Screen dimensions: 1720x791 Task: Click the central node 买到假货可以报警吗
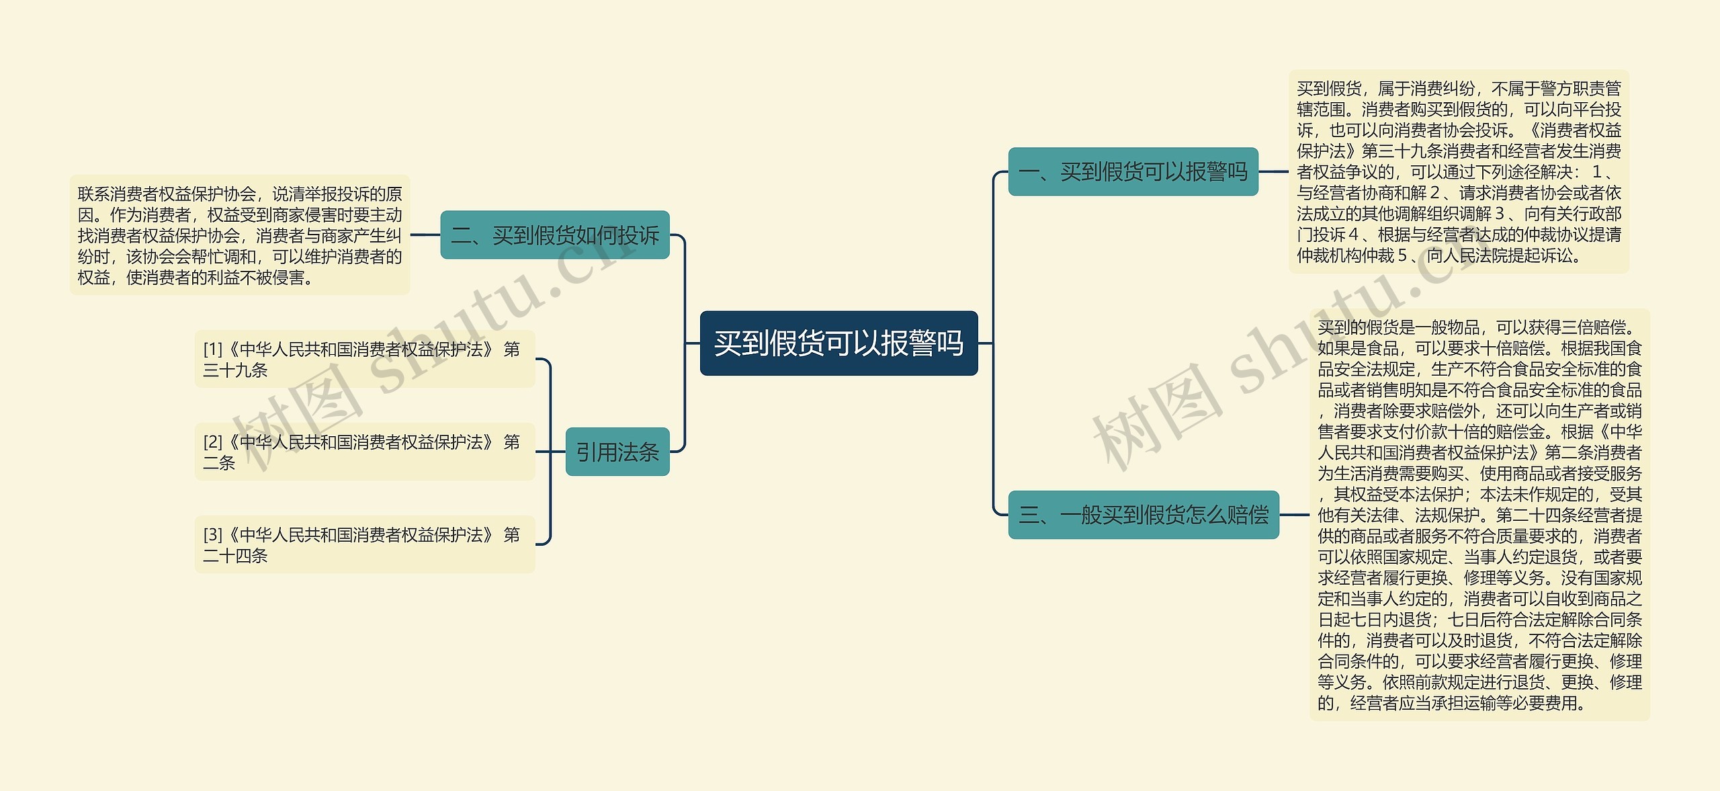coord(838,343)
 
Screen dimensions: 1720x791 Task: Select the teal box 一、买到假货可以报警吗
coord(1133,172)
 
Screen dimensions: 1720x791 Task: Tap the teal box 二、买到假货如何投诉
coord(555,235)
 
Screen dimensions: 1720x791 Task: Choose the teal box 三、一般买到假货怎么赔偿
coord(1144,515)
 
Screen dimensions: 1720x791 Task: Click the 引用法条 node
coord(617,452)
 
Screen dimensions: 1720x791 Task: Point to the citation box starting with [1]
coord(364,359)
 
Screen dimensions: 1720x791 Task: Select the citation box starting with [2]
coord(364,452)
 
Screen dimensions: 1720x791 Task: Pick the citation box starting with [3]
coord(364,544)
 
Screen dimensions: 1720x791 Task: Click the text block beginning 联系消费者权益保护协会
coord(240,235)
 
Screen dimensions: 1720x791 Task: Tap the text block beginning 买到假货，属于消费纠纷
coord(1459,172)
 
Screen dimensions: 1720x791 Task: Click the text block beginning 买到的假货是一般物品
coord(1479,515)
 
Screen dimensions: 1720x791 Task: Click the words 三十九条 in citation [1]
coord(235,370)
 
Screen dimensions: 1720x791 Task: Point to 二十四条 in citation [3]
coord(235,556)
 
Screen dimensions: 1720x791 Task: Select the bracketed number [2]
coord(213,442)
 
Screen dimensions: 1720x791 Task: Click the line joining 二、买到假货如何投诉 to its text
coord(425,235)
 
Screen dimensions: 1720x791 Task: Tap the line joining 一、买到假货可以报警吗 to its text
coord(1273,172)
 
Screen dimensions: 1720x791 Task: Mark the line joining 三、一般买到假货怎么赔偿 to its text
coord(1294,515)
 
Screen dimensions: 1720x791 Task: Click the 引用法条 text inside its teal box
coord(617,452)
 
